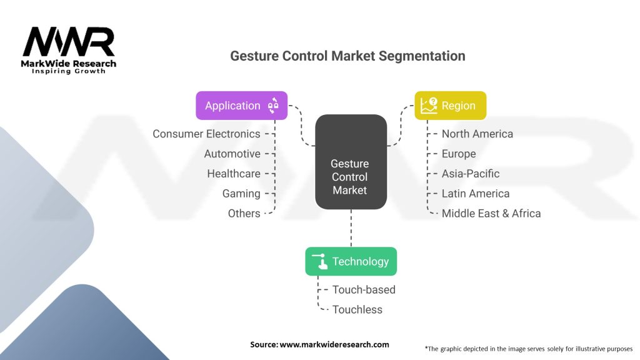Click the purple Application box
(242, 105)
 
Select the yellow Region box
(451, 105)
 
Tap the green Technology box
(351, 261)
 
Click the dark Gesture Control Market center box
(351, 162)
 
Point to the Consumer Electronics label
(206, 134)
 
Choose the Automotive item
(232, 154)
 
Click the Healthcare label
(234, 174)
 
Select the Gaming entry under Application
(241, 194)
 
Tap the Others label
(244, 214)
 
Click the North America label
(477, 134)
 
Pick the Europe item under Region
(459, 154)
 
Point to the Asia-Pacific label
(471, 174)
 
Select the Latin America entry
(476, 194)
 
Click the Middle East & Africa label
(491, 214)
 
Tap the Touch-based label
(364, 290)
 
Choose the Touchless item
(357, 310)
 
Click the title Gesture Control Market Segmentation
(347, 56)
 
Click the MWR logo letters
(69, 42)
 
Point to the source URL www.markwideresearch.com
(334, 344)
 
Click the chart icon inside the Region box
(429, 105)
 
